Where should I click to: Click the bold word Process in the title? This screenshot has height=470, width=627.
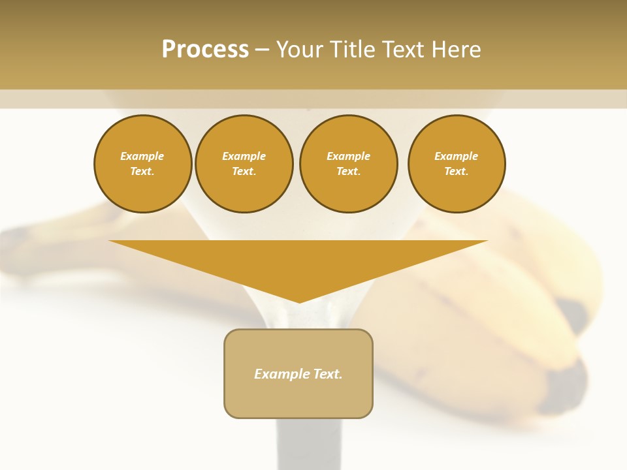coord(205,50)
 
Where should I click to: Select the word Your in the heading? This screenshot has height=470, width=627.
coord(300,50)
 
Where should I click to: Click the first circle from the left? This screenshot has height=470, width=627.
coord(143,164)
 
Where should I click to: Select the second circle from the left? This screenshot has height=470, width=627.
coord(244,164)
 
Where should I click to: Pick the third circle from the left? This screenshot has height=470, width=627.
coord(349,164)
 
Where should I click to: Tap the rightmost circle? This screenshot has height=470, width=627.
coord(457,164)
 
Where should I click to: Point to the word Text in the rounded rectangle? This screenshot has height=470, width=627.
coord(328,374)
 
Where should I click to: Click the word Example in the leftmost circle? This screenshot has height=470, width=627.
coord(142,156)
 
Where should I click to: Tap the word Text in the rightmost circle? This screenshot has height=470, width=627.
coord(456,172)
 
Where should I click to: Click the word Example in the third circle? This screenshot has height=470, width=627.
coord(349,156)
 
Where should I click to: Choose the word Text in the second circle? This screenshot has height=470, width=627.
coord(244,172)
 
